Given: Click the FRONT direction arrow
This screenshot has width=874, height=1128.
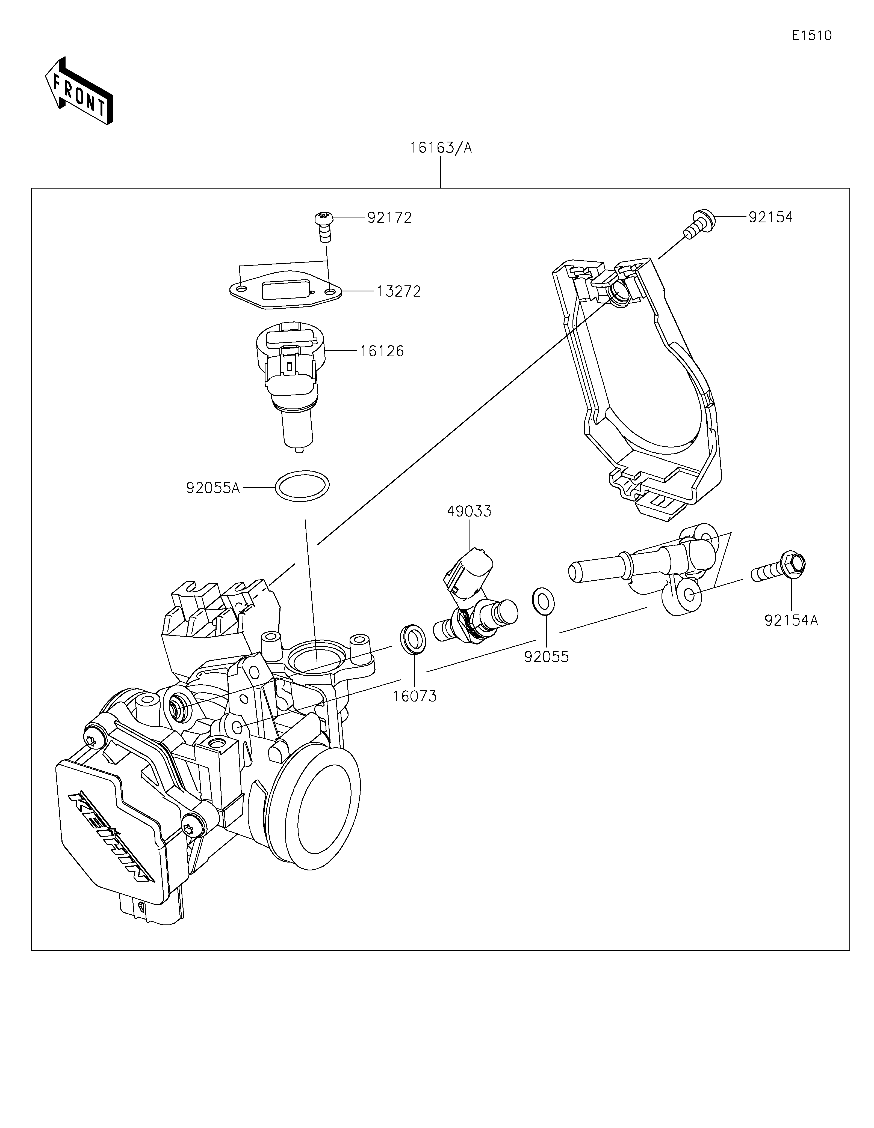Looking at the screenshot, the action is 79,91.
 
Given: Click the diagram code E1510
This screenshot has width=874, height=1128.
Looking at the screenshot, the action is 811,36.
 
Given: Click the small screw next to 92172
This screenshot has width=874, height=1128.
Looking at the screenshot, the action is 324,227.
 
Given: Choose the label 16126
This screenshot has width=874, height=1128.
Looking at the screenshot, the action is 382,351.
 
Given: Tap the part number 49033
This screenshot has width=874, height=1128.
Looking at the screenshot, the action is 469,511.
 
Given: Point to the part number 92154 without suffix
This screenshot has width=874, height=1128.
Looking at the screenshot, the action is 771,217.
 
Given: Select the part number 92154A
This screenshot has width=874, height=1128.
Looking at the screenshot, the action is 792,620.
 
